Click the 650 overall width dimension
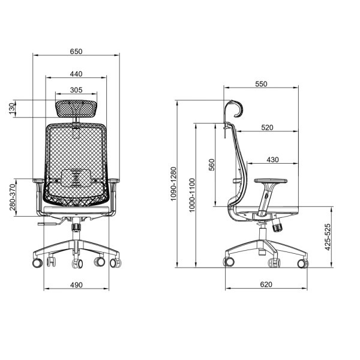point(76,52)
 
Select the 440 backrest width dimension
point(76,74)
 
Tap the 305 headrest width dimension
point(76,90)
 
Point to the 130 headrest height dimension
point(12,109)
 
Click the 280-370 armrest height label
point(13,197)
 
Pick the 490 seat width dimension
point(76,285)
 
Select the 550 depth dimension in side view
point(261,84)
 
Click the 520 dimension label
point(267,127)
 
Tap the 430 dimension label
point(273,160)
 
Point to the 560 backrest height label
point(211,164)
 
